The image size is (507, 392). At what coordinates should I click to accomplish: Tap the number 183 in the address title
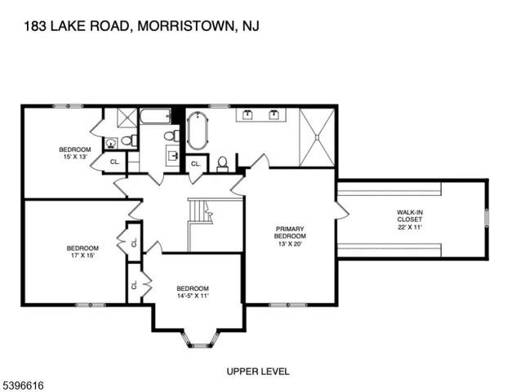pyautogui.click(x=36, y=27)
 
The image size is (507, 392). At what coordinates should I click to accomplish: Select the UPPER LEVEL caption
pyautogui.click(x=257, y=372)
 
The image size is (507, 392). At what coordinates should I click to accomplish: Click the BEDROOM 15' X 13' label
pyautogui.click(x=74, y=153)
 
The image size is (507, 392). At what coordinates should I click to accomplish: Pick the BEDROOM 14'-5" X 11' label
pyautogui.click(x=193, y=292)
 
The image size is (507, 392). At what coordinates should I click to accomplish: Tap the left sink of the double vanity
pyautogui.click(x=247, y=116)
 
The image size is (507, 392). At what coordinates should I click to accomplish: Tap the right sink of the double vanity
pyautogui.click(x=274, y=116)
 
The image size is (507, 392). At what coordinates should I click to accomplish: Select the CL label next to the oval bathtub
pyautogui.click(x=195, y=165)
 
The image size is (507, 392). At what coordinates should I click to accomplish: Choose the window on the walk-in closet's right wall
pyautogui.click(x=487, y=219)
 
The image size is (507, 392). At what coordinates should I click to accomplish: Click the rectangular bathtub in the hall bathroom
pyautogui.click(x=155, y=117)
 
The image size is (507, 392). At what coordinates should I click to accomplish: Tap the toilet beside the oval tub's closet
pyautogui.click(x=222, y=163)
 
